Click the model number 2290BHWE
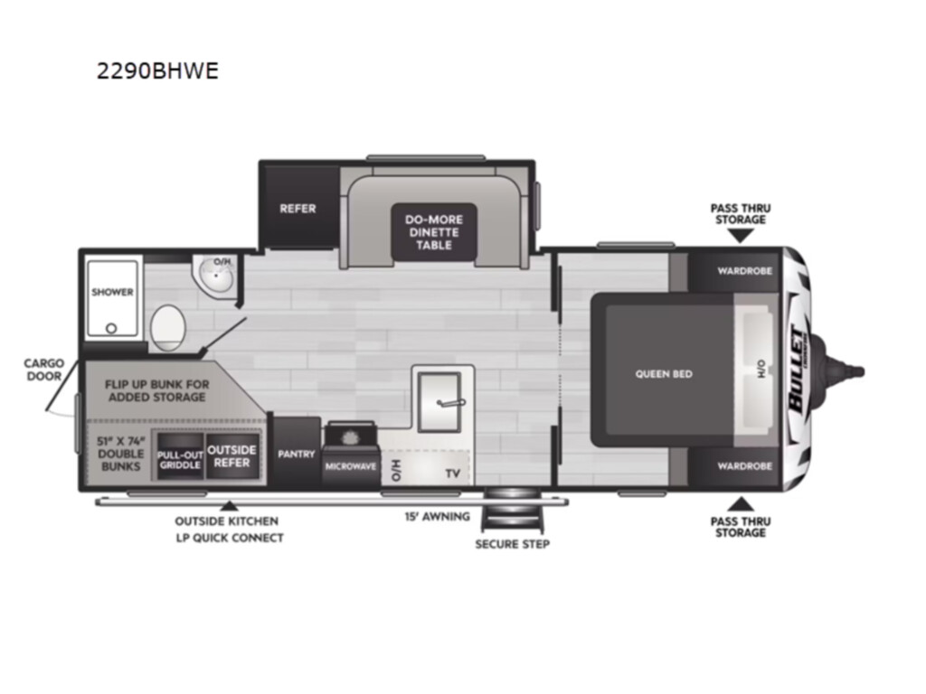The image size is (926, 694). [157, 70]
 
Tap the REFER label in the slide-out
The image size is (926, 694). [298, 209]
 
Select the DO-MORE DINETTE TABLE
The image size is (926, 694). [433, 232]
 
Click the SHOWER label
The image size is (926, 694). [112, 292]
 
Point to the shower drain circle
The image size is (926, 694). [111, 329]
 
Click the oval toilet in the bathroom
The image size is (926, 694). [167, 328]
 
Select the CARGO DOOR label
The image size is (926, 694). [44, 370]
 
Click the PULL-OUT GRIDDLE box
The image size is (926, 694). [180, 455]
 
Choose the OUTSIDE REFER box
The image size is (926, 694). [232, 455]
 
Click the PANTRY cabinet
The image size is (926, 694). [297, 454]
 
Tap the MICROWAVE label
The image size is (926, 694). [350, 466]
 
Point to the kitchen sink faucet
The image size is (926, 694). [451, 403]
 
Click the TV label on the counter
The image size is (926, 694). [453, 474]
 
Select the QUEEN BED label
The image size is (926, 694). [664, 373]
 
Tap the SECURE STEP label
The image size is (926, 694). [513, 544]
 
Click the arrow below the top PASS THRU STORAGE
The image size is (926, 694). [741, 236]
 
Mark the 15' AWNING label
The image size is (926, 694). [437, 516]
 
